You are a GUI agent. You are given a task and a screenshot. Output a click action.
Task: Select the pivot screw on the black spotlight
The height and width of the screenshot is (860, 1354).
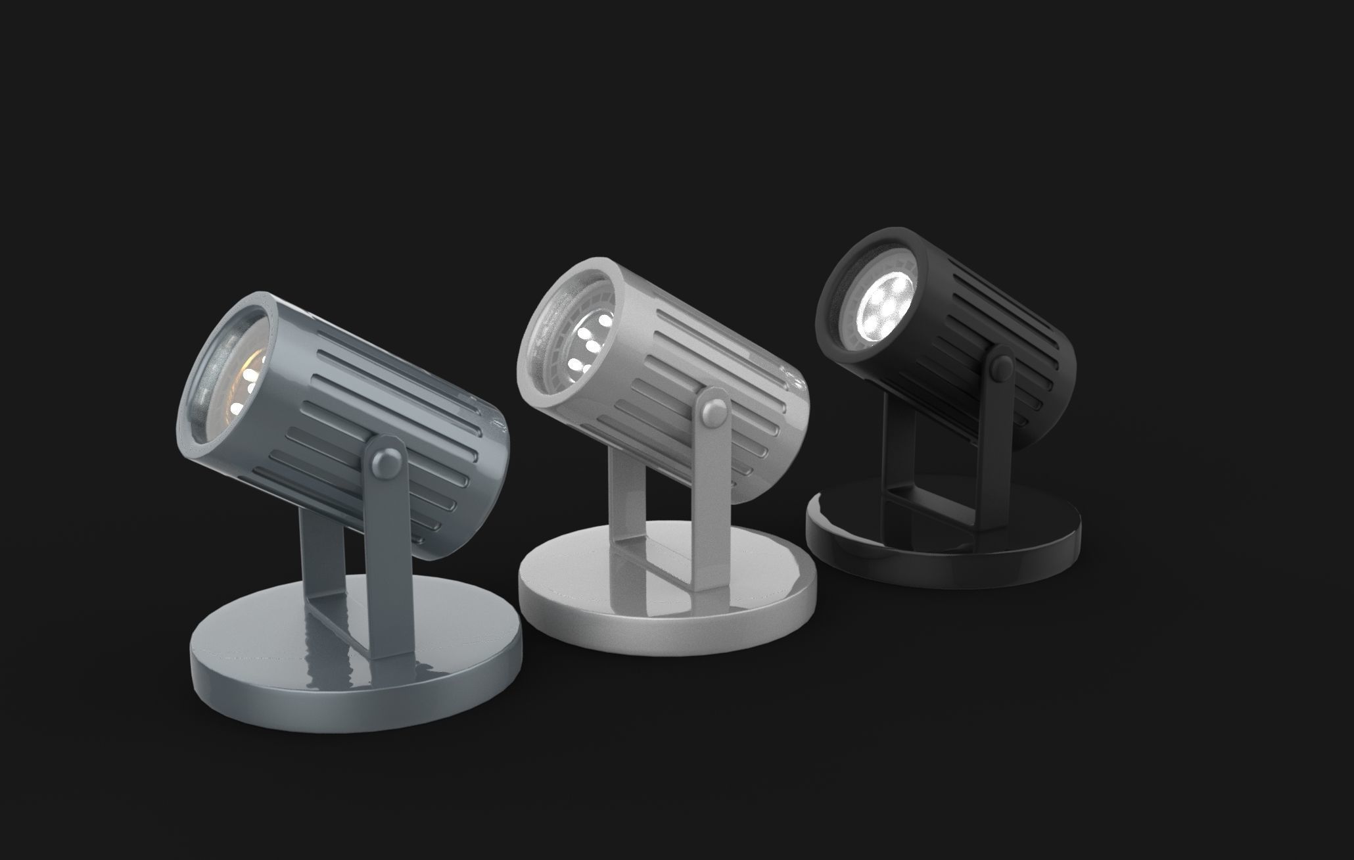1003,366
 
